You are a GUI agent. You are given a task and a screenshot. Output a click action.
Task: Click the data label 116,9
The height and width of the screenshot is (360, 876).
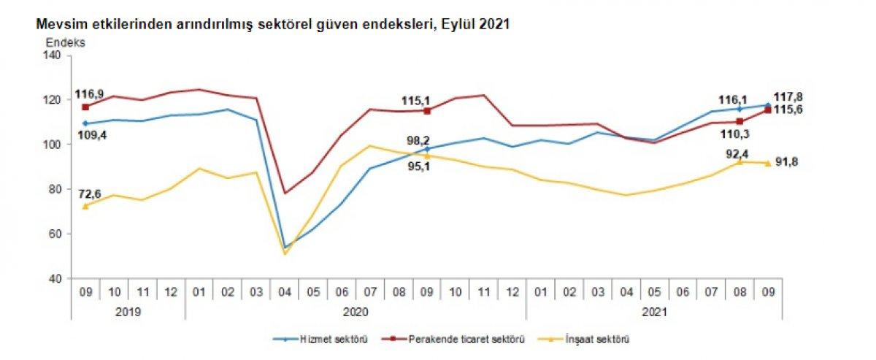88,95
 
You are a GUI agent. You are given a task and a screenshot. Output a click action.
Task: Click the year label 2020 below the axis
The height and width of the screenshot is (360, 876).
355,310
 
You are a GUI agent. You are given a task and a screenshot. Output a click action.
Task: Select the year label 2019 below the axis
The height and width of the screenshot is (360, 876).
128,310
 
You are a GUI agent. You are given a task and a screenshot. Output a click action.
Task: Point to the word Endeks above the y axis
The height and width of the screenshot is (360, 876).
65,42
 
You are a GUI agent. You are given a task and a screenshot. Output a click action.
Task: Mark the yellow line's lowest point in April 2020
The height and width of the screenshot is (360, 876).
284,253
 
